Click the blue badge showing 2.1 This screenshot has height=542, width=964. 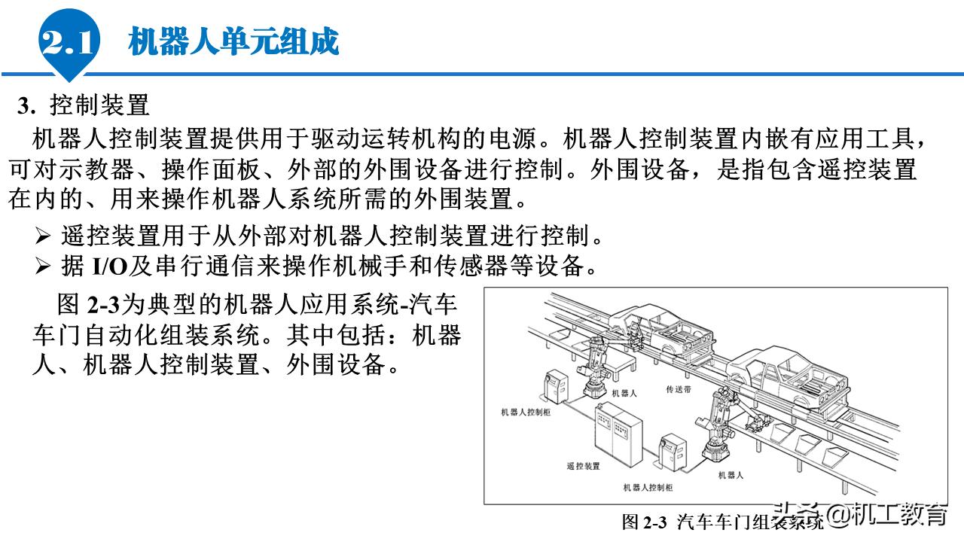69,42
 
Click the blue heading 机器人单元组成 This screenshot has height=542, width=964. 233,41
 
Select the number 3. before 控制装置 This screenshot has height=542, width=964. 27,106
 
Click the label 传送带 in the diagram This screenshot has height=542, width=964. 679,390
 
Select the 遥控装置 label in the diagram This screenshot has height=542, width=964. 583,466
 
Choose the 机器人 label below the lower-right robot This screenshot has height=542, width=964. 731,475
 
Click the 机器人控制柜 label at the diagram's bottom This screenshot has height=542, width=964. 648,488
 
